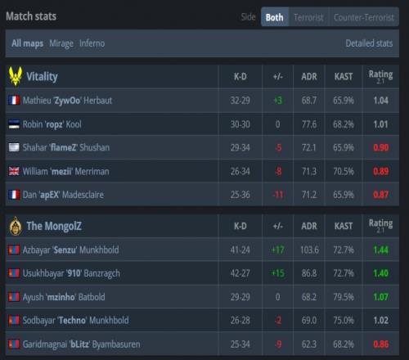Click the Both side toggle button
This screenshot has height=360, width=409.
(275, 17)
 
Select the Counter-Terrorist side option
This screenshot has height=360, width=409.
(364, 17)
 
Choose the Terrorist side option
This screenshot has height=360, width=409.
(308, 17)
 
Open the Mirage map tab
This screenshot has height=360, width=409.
(61, 43)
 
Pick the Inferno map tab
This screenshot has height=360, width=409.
(92, 43)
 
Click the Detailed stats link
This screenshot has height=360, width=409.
(369, 43)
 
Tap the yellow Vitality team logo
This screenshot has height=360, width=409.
(16, 76)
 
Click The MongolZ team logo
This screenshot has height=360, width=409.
(16, 226)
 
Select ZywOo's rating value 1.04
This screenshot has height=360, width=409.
(380, 101)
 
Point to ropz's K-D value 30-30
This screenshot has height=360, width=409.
(240, 124)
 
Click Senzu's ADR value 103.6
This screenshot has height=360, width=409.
(309, 250)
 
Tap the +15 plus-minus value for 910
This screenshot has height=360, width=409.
(278, 273)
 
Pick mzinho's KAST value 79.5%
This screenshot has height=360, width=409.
(344, 297)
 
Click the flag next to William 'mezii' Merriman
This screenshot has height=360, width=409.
(14, 171)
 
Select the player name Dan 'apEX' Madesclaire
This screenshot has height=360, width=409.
(63, 195)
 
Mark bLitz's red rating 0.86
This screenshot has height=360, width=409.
(380, 344)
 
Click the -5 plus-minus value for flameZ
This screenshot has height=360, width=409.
(278, 147)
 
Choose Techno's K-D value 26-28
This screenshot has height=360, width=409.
(240, 321)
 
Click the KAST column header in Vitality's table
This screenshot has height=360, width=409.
(344, 77)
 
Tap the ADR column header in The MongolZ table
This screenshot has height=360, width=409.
(309, 226)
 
